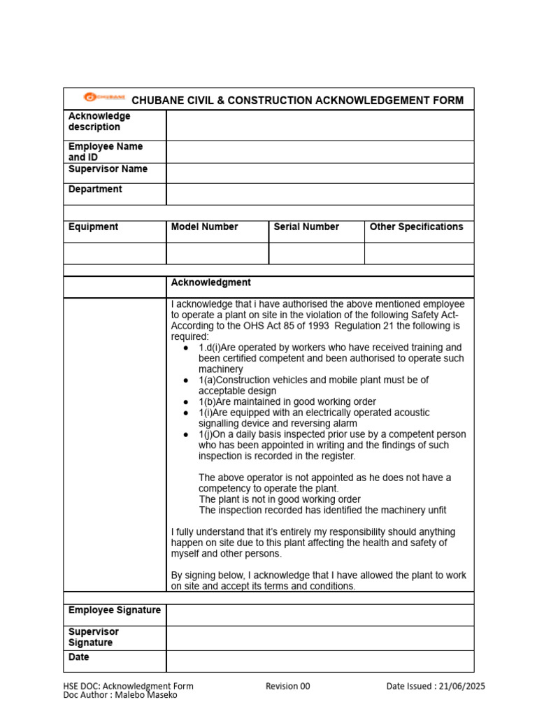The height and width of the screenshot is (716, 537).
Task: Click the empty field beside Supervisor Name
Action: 320,173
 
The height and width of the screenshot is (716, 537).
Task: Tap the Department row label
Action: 95,189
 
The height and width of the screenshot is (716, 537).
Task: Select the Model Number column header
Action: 204,227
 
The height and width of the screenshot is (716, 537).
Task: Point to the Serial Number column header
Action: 306,227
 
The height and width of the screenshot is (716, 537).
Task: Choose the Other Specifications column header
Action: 416,227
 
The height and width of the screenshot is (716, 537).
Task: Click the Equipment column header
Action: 93,227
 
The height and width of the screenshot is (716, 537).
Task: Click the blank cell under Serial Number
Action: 316,253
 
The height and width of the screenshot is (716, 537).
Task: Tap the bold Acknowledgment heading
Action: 210,282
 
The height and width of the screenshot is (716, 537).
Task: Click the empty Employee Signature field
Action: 320,615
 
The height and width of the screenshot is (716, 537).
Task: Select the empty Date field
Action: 320,661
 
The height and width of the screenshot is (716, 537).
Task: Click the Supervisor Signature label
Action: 94,637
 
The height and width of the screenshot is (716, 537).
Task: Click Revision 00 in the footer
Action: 287,687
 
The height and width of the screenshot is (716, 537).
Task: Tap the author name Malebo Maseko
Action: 150,695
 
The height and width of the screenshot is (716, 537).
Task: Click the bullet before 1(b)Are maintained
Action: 185,402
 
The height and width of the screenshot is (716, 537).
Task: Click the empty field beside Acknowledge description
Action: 320,125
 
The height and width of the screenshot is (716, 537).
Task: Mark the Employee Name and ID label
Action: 105,152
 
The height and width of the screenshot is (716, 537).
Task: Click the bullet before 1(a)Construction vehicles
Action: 185,380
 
